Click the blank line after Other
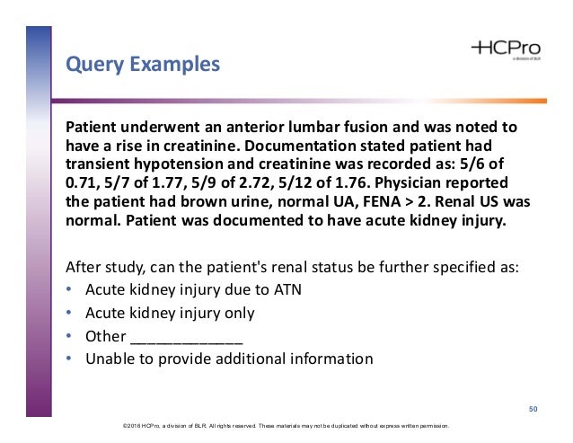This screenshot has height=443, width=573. (186, 337)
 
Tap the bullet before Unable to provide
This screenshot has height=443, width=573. (71, 359)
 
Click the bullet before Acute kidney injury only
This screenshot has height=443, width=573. (71, 314)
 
